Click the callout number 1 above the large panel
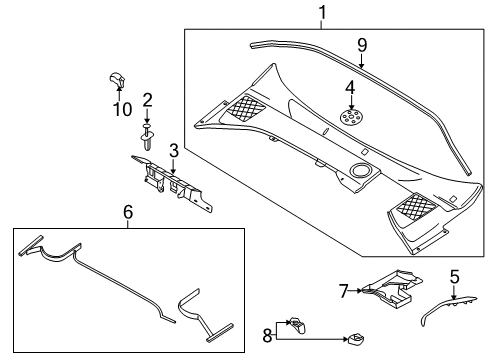coord(322,13)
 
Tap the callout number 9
coord(362,45)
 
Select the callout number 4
coord(350,88)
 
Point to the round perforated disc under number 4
coord(351,117)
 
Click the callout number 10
coord(123,109)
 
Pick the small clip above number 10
coord(117,79)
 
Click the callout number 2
coord(147,100)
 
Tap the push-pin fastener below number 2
coord(147,137)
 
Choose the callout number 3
coord(174,151)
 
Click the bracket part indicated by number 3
coord(173,184)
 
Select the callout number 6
coord(128,212)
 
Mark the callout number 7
coord(344,291)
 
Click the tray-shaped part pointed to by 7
coord(393,287)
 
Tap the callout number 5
coord(455,277)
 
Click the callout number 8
coord(267,335)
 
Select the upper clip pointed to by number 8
coord(298,325)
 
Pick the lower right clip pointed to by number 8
coord(356,339)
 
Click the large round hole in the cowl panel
coord(360,170)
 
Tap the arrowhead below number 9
coord(361,65)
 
